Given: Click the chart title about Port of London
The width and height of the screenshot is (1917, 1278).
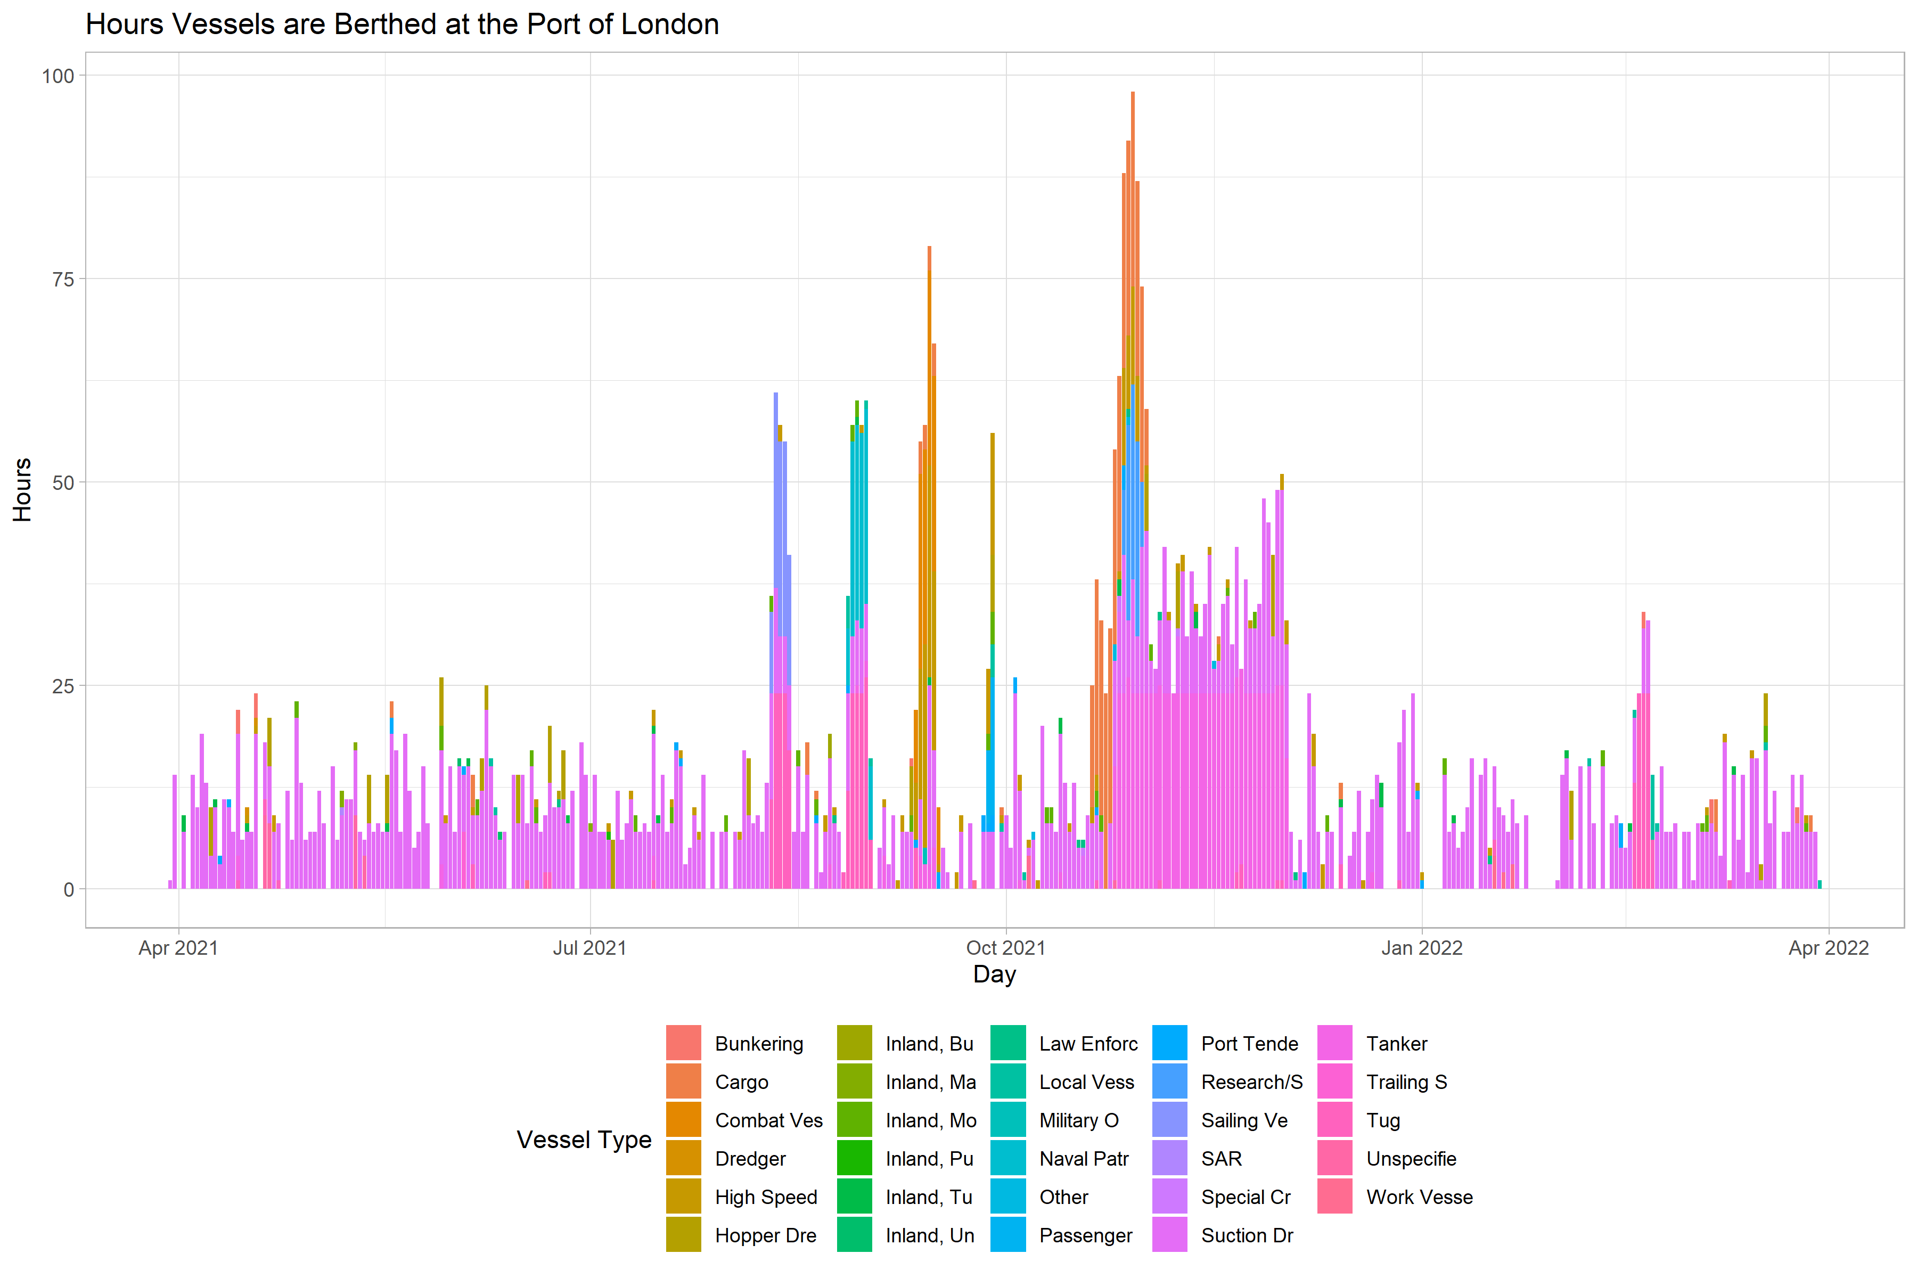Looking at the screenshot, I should pyautogui.click(x=402, y=24).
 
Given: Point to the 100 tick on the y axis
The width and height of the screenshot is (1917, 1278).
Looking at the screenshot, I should pyautogui.click(x=58, y=76).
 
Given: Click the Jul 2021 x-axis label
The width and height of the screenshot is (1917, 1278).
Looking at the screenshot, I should pyautogui.click(x=589, y=948).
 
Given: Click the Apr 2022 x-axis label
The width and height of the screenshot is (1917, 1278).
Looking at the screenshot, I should pyautogui.click(x=1828, y=948).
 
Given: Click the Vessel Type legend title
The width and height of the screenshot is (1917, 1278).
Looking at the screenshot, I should pyautogui.click(x=584, y=1140).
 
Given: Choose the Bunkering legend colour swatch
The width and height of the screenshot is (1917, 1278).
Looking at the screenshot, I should pyautogui.click(x=683, y=1043).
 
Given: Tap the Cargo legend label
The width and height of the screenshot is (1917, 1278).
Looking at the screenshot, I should pyautogui.click(x=742, y=1083).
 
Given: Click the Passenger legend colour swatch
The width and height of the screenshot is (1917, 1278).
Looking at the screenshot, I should pyautogui.click(x=1008, y=1235).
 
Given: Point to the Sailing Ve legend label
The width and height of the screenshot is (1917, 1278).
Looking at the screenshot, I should pyautogui.click(x=1244, y=1121).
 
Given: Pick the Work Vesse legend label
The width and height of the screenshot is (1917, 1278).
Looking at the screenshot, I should pyautogui.click(x=1419, y=1197).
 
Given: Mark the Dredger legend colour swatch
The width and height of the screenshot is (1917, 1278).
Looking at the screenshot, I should pyautogui.click(x=683, y=1158).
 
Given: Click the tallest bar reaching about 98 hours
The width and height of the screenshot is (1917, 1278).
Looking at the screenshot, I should pyautogui.click(x=1132, y=244).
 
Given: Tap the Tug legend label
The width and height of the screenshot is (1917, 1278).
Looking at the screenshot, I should pyautogui.click(x=1383, y=1121).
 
